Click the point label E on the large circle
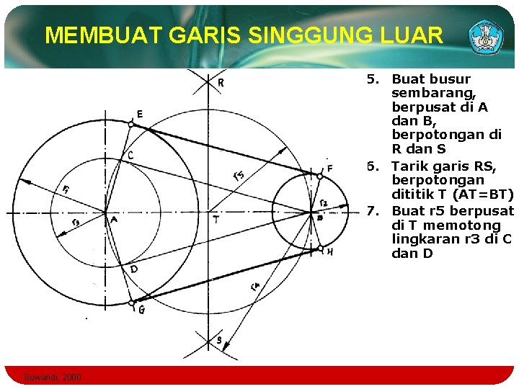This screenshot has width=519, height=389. pyautogui.click(x=138, y=114)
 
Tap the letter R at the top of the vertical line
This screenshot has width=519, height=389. pyautogui.click(x=221, y=83)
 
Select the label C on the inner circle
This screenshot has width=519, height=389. pyautogui.click(x=130, y=156)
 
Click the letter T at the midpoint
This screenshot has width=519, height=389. pyautogui.click(x=216, y=219)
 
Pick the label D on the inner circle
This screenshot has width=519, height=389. pyautogui.click(x=133, y=269)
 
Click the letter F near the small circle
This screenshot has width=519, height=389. pyautogui.click(x=329, y=169)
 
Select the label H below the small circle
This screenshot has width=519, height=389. pyautogui.click(x=329, y=252)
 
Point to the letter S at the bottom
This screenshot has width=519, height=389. pyautogui.click(x=219, y=340)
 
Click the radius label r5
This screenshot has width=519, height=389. pyautogui.click(x=239, y=174)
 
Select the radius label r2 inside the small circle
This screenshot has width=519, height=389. pyautogui.click(x=323, y=202)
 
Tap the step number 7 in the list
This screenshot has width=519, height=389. pyautogui.click(x=372, y=211)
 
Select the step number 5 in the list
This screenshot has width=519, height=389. pyautogui.click(x=372, y=79)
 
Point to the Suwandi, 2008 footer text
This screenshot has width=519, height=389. pyautogui.click(x=53, y=377)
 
